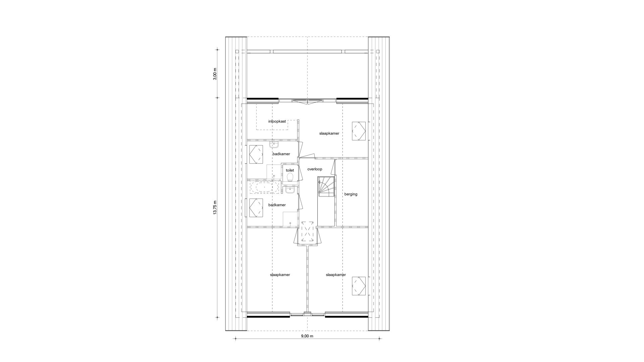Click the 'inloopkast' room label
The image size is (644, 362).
click(x=277, y=121)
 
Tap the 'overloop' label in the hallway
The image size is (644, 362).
click(x=315, y=169)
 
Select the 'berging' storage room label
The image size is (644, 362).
click(x=351, y=194)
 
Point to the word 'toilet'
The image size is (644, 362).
click(x=290, y=170)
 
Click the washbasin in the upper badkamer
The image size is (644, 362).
click(x=274, y=145)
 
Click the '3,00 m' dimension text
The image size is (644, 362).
click(x=215, y=74)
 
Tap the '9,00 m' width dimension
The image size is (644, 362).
click(x=307, y=336)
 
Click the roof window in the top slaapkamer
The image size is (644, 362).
click(x=359, y=131)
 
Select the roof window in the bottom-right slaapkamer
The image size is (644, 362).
click(x=359, y=286)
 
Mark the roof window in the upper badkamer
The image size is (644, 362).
click(x=256, y=154)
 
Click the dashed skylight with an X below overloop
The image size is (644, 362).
click(x=308, y=232)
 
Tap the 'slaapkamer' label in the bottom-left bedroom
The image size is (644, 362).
click(x=280, y=275)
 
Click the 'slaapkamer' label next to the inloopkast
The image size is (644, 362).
click(x=329, y=133)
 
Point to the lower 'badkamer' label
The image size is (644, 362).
click(x=277, y=205)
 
